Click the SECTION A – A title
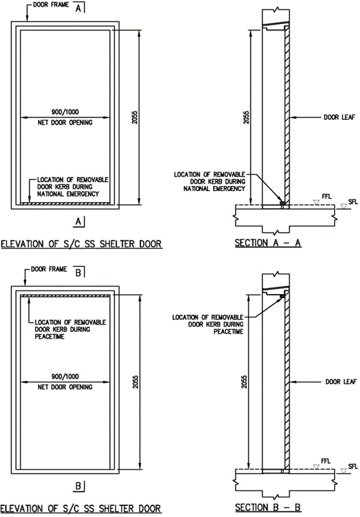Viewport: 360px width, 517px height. point(267,243)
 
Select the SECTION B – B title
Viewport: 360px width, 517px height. point(267,507)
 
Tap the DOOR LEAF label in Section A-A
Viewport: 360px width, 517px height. point(339,117)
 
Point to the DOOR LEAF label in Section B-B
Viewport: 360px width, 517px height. point(341,382)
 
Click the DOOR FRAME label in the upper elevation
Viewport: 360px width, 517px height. point(51,5)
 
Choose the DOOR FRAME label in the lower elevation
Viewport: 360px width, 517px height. point(49,269)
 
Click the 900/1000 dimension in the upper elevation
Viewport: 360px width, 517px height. point(65,112)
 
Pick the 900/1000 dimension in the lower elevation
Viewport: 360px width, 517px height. point(65,376)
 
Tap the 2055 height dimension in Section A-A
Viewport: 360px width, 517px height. point(247,117)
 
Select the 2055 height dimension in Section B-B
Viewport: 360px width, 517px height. point(244,382)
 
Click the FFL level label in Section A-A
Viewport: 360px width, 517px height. point(326,197)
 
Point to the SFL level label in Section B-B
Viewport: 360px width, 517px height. point(353,466)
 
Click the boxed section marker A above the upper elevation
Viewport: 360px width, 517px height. point(78,8)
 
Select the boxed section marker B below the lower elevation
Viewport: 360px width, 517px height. point(78,486)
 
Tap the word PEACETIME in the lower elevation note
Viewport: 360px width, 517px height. point(49,337)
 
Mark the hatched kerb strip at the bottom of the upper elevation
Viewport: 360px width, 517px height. point(65,203)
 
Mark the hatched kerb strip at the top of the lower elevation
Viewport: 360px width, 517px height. point(65,296)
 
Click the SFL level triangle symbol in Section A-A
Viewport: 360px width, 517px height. point(344,207)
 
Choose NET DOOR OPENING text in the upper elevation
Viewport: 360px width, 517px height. point(65,122)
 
